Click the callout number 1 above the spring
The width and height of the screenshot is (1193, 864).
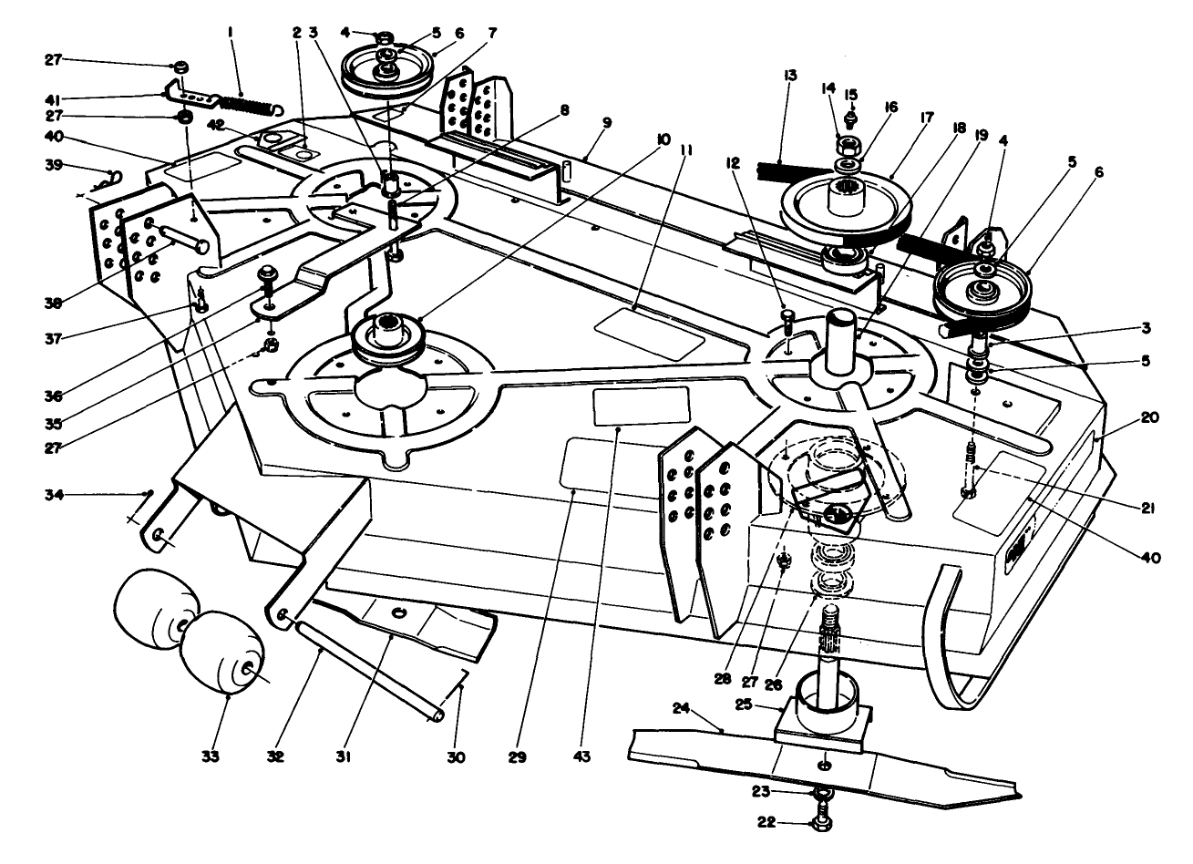pos(231,31)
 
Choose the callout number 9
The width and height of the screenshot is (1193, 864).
pos(606,120)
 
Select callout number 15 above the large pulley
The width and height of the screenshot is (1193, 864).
pos(850,94)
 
